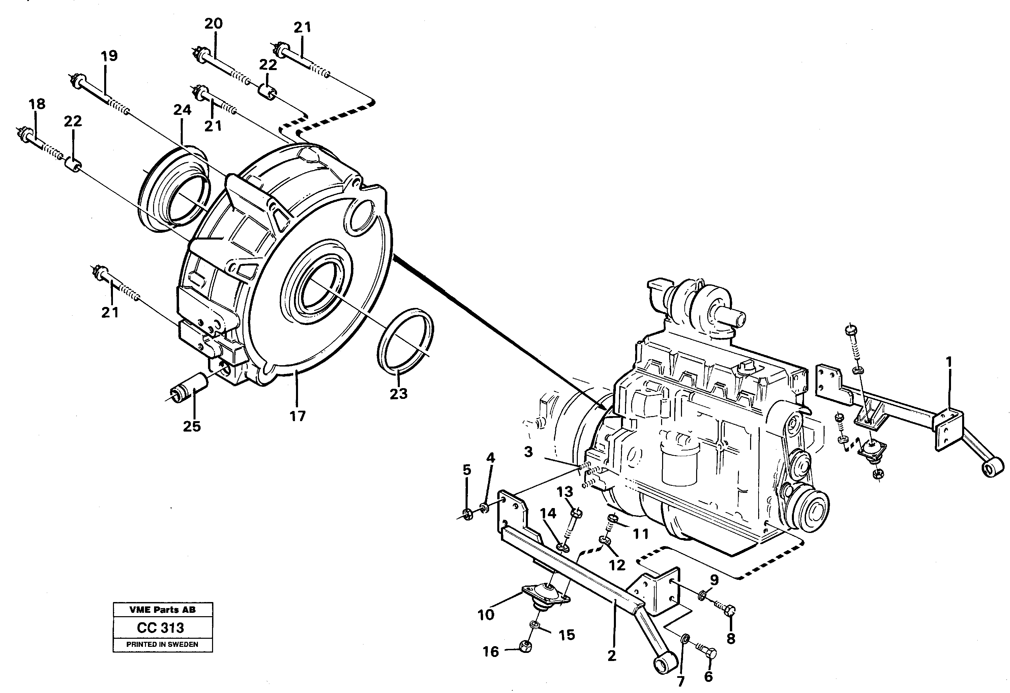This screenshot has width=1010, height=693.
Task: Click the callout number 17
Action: (298, 416)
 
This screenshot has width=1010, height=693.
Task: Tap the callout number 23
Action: (398, 393)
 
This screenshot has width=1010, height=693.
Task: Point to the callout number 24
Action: (182, 110)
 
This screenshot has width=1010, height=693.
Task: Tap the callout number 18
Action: (37, 104)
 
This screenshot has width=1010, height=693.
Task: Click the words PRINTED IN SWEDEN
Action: (162, 644)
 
